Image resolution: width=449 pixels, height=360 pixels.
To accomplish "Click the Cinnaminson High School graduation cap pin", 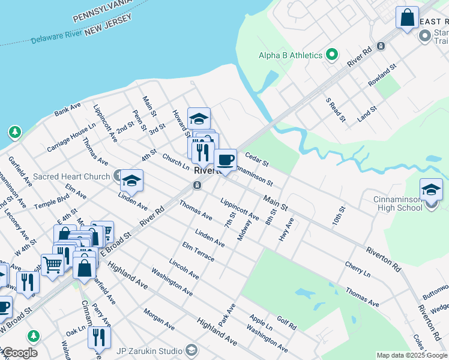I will coord(431,190).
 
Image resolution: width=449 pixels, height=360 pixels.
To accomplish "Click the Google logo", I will coord(19,353).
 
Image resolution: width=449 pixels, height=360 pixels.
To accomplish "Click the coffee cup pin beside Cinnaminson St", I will coord(225,160).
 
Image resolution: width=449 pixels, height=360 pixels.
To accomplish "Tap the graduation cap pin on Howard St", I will coord(199,118).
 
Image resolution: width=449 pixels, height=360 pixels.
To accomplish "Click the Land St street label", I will coord(367,113).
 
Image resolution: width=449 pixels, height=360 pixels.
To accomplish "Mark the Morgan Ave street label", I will coord(158,319).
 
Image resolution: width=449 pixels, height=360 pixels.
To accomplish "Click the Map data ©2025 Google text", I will coord(411,355).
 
